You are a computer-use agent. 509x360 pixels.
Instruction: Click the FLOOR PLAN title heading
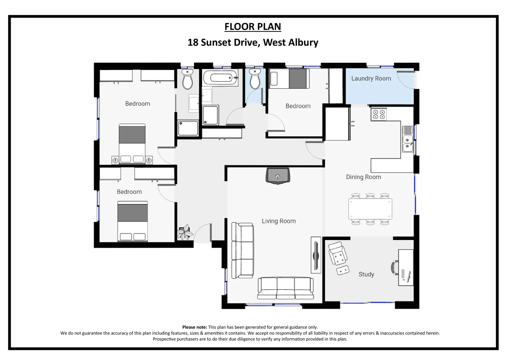coord(253,27)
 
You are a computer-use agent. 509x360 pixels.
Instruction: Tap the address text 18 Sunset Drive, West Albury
coord(253,43)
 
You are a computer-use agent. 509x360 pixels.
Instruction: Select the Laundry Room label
coord(371,79)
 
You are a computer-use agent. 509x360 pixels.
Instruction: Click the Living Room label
coord(279,221)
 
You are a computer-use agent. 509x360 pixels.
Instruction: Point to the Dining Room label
coord(363,177)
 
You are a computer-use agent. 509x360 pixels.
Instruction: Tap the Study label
coord(366,274)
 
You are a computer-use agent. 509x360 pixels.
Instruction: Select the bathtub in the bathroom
coord(220,78)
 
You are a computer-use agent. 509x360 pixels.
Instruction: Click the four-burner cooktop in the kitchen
coord(378,114)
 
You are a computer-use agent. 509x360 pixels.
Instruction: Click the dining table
coord(370,209)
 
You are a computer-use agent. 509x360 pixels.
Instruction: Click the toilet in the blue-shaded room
coord(255,79)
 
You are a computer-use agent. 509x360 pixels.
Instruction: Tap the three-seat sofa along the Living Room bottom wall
coord(286,288)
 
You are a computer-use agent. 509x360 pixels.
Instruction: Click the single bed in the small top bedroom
coord(289,79)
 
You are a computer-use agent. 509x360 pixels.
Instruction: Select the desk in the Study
coord(406,268)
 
